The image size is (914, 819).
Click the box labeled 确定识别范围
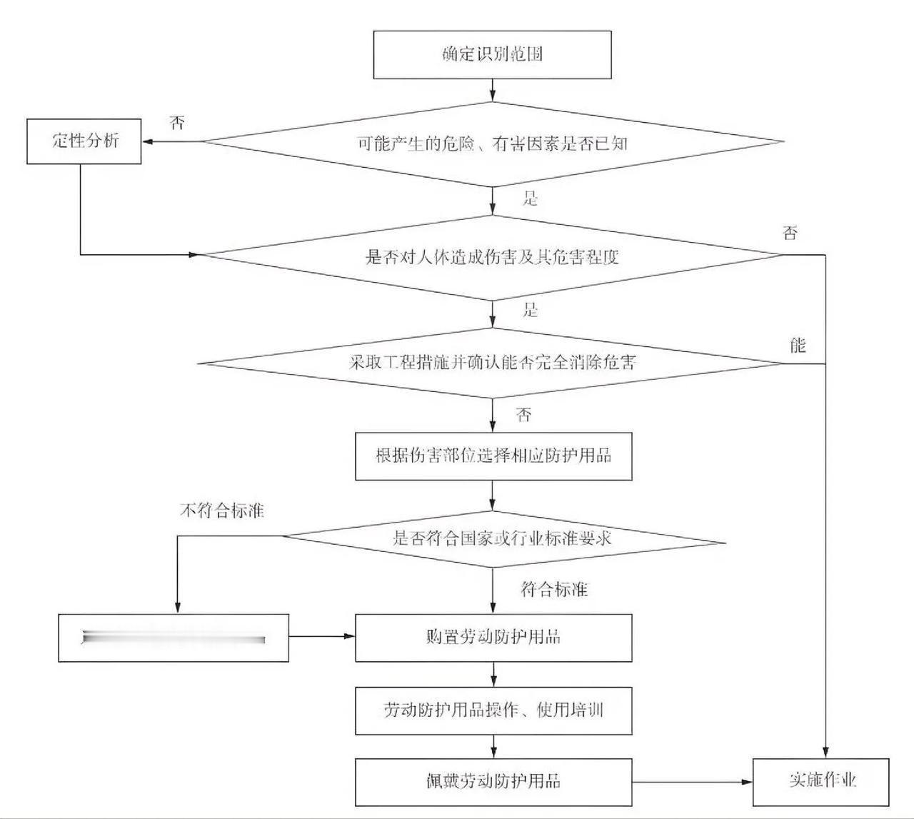[x=493, y=54]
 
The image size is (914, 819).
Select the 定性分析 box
[x=84, y=141]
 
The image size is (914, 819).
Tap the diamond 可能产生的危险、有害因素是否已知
[x=493, y=144]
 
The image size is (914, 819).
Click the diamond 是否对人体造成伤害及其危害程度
[x=493, y=256]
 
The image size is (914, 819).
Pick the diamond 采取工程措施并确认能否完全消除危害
[x=493, y=363]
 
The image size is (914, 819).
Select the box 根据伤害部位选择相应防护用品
[x=493, y=456]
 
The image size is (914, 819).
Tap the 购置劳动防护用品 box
[x=493, y=637]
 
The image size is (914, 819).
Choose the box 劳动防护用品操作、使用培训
[x=493, y=710]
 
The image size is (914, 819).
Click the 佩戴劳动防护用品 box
[x=493, y=781]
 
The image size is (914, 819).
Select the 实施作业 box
[x=822, y=780]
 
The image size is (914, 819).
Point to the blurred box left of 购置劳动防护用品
[x=174, y=638]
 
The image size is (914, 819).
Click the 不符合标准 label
[x=221, y=511]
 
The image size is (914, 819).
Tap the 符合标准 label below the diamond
[x=554, y=589]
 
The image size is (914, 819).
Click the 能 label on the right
[x=798, y=346]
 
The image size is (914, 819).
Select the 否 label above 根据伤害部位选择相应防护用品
[x=524, y=416]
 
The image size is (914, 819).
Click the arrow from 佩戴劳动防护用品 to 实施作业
[x=693, y=782]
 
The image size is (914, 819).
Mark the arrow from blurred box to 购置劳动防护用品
[x=322, y=637]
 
